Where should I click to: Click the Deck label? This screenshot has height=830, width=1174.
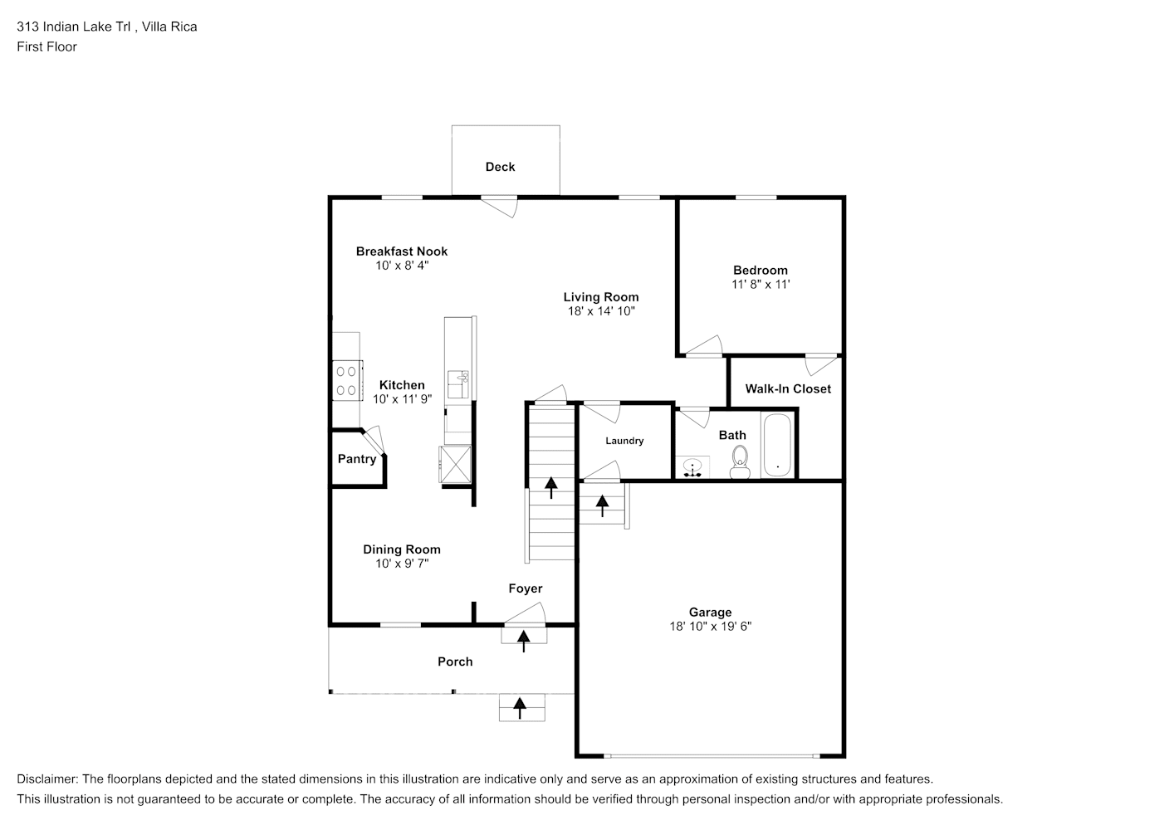click(x=500, y=167)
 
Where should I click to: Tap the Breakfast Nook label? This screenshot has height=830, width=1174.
click(x=402, y=251)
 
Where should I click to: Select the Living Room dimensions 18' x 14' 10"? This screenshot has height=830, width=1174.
click(x=600, y=311)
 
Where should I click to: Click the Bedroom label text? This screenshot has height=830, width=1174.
click(x=760, y=270)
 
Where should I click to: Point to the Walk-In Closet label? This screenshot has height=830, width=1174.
click(x=787, y=388)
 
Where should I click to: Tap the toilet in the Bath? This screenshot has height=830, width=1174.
click(x=739, y=461)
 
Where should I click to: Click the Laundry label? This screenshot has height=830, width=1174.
click(x=624, y=441)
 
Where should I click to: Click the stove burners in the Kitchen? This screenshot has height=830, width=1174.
click(x=347, y=381)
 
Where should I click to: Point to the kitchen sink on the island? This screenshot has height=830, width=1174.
click(x=457, y=384)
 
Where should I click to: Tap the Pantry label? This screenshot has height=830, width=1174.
click(x=357, y=459)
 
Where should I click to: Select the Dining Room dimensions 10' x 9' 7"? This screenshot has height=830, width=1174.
click(x=402, y=564)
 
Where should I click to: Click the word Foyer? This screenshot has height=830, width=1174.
click(x=525, y=588)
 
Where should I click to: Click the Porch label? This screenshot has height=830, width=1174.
click(x=455, y=662)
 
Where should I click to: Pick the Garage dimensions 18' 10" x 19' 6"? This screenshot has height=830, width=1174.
click(x=710, y=627)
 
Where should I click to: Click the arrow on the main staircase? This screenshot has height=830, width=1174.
click(x=550, y=487)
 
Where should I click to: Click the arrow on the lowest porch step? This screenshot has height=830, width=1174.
click(x=521, y=707)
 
